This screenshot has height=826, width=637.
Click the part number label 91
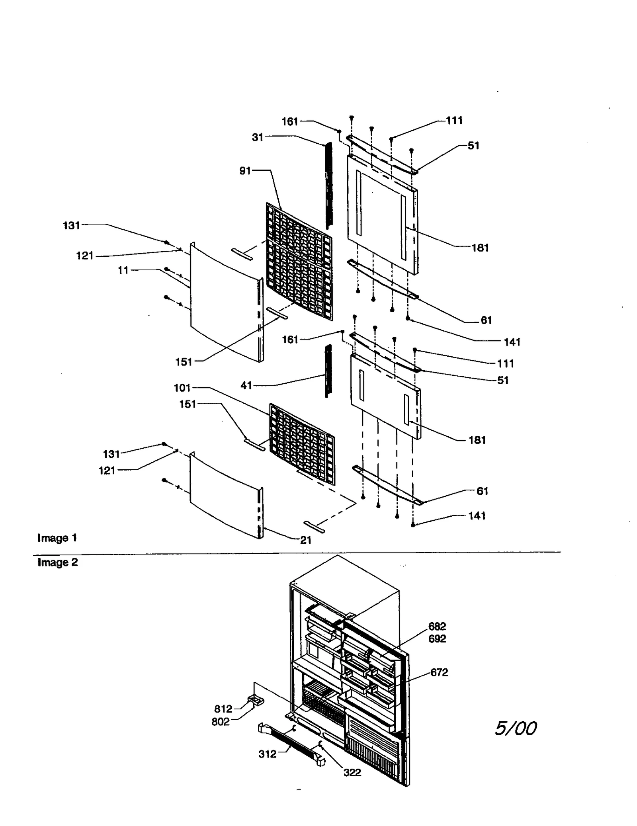pyautogui.click(x=245, y=171)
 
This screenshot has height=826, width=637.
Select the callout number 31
pyautogui.click(x=257, y=137)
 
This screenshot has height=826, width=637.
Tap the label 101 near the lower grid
pyautogui.click(x=182, y=388)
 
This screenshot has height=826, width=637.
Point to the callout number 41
pyautogui.click(x=246, y=385)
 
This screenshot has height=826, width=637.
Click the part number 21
pyautogui.click(x=305, y=540)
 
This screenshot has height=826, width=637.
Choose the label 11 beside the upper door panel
pyautogui.click(x=123, y=270)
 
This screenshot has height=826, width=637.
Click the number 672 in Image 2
pyautogui.click(x=439, y=672)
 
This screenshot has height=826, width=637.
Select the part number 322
pyautogui.click(x=352, y=773)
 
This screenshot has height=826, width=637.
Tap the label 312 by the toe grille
pyautogui.click(x=267, y=754)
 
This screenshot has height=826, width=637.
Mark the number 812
pyautogui.click(x=223, y=709)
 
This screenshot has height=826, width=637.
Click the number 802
pyautogui.click(x=221, y=722)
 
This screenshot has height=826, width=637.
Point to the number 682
pyautogui.click(x=437, y=626)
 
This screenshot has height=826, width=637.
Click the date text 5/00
pyautogui.click(x=516, y=728)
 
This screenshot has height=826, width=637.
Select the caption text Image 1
pyautogui.click(x=57, y=538)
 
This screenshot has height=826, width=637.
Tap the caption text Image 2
pyautogui.click(x=58, y=562)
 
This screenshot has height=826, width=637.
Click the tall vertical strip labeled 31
pyautogui.click(x=328, y=185)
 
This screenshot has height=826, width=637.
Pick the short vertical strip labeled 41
pyautogui.click(x=328, y=370)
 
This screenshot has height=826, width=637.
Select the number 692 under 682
pyautogui.click(x=437, y=639)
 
